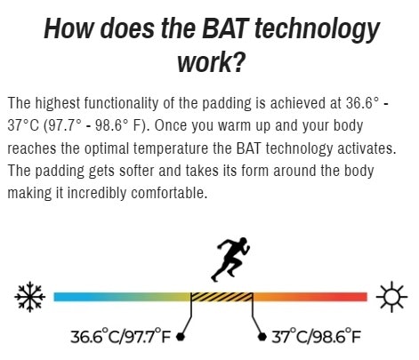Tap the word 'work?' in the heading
point(212,62)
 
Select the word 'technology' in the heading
point(317,30)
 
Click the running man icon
point(230,260)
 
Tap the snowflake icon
point(30,297)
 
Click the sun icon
point(391,297)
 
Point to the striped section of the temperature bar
point(222,297)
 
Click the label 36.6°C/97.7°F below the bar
point(121,336)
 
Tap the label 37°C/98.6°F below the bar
point(316,336)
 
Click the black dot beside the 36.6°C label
point(181,337)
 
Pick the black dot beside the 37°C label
point(262,337)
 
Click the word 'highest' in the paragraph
point(58,103)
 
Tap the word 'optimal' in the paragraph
point(107,148)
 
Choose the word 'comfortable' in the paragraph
point(169,193)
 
